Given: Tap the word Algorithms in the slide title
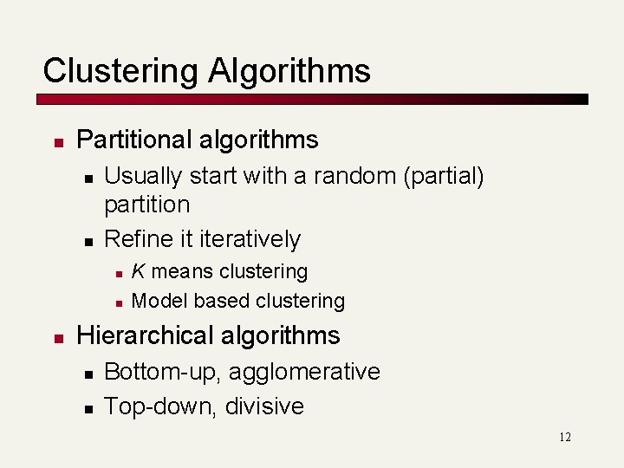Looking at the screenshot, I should [x=289, y=71].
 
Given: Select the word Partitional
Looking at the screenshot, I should [x=132, y=140].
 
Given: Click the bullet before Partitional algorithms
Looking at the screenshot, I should [x=55, y=140].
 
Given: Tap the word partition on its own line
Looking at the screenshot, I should [x=146, y=205].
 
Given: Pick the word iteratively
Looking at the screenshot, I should [x=250, y=238].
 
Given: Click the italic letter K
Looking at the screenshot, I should [x=137, y=271].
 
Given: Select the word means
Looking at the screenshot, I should [x=179, y=271].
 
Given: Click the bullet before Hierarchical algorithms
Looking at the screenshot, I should [x=55, y=336].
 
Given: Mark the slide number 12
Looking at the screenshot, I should [x=564, y=437].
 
